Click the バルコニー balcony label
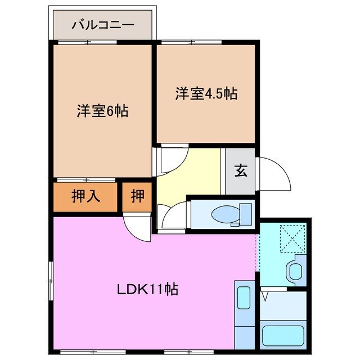click(x=102, y=25)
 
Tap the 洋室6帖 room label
click(x=102, y=111)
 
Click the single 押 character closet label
click(x=137, y=196)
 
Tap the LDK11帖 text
click(x=147, y=290)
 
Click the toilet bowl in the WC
click(x=227, y=213)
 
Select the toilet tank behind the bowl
click(x=245, y=213)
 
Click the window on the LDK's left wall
click(x=52, y=281)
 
